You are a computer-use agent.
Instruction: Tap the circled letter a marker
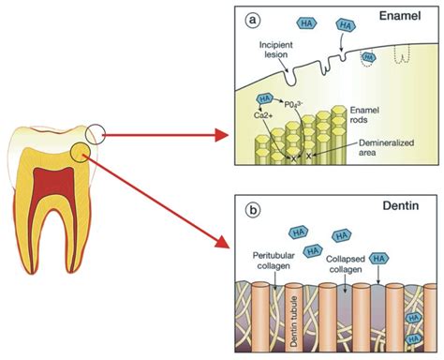click(x=250, y=18)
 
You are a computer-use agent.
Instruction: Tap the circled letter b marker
click(x=250, y=207)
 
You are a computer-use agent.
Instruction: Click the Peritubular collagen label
click(x=272, y=261)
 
